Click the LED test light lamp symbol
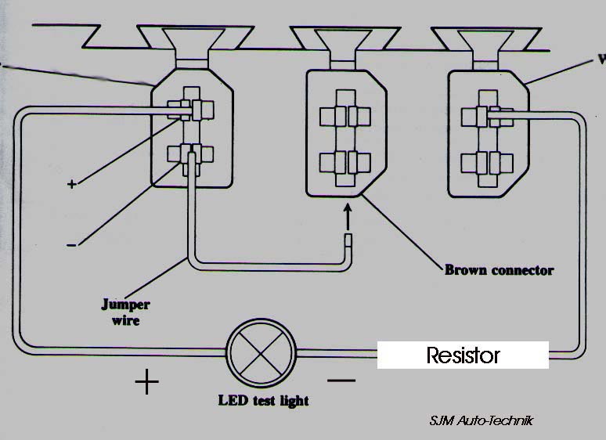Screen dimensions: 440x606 pos(261,355)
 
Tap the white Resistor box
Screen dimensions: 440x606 pos(463,355)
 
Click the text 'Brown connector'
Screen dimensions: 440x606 pos(499,270)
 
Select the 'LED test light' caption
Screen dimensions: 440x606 pos(263,401)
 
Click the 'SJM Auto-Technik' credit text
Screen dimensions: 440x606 pos(481,420)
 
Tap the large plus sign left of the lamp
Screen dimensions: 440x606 pos(146,382)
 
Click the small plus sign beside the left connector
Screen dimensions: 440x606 pos(72,184)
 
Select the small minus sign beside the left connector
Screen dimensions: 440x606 pos(71,245)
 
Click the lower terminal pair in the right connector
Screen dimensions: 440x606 pos(484,163)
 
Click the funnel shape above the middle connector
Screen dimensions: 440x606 pos(343,44)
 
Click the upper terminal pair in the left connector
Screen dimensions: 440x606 pos(192,110)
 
